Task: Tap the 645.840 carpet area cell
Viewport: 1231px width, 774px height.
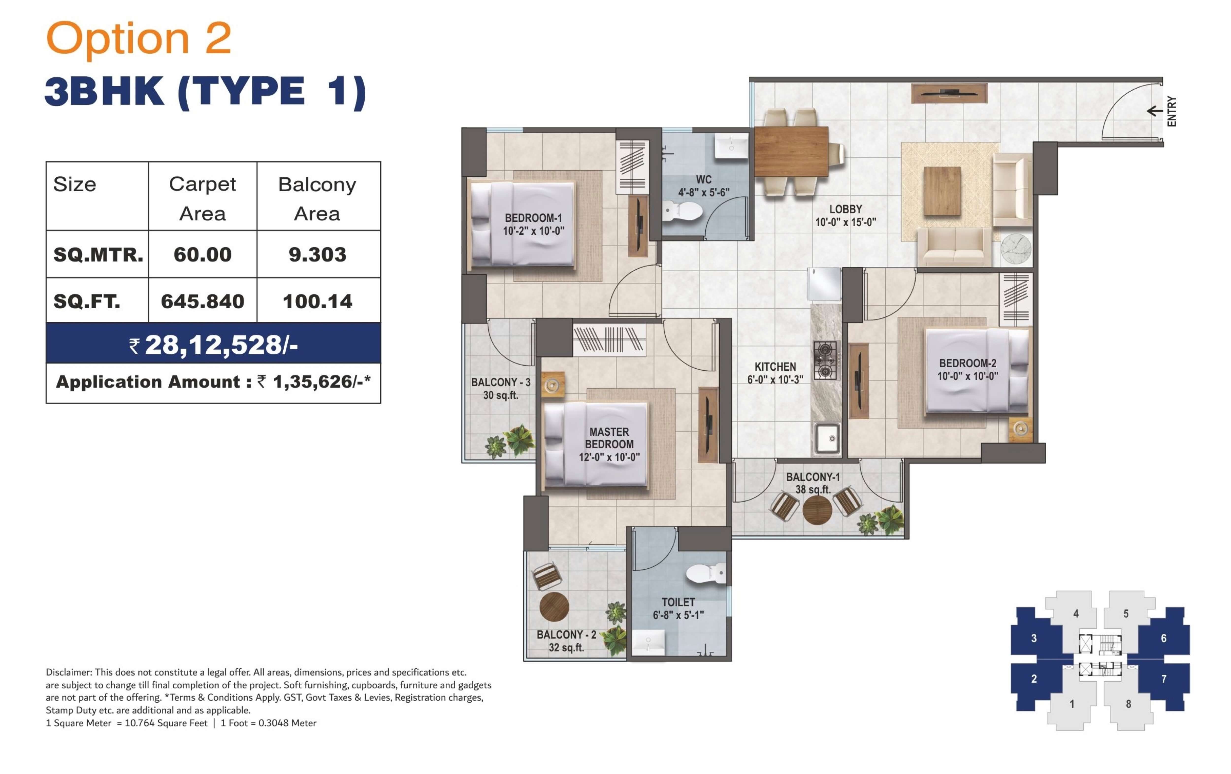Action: (202, 301)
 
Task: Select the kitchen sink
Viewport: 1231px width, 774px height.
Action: (826, 438)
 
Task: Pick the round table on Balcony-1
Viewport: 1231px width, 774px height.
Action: (817, 510)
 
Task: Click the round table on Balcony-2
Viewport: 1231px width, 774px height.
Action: (554, 607)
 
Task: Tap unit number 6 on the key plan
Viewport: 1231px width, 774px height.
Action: (1164, 638)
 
